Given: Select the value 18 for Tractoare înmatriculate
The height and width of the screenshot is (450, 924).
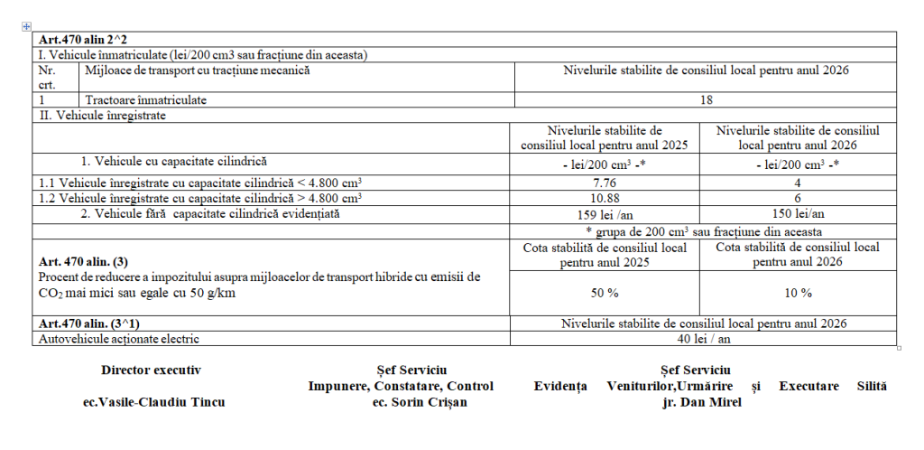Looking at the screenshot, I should pyautogui.click(x=706, y=100).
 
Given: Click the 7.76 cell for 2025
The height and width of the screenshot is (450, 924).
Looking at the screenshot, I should pyautogui.click(x=604, y=183).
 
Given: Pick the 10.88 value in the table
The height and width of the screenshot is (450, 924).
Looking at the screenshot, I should pyautogui.click(x=604, y=198).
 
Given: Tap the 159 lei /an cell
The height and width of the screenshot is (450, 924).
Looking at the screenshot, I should pyautogui.click(x=604, y=214).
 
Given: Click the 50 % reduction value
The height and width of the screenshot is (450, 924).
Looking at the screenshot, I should pyautogui.click(x=604, y=293).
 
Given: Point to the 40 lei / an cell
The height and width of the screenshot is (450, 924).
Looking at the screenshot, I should pyautogui.click(x=706, y=339).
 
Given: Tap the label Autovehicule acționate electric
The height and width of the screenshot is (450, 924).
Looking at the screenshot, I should pyautogui.click(x=115, y=339).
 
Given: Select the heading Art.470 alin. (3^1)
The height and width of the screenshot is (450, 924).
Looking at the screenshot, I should pyautogui.click(x=87, y=323).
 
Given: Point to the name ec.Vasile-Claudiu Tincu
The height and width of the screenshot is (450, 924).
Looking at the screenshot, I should pyautogui.click(x=153, y=402).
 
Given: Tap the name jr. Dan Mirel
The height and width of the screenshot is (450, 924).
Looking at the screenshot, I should pyautogui.click(x=700, y=402).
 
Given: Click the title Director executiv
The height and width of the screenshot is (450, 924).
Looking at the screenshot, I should pyautogui.click(x=151, y=370).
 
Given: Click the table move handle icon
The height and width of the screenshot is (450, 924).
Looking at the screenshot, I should pyautogui.click(x=25, y=26).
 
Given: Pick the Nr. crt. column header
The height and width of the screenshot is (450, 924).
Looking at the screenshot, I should pyautogui.click(x=47, y=76).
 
